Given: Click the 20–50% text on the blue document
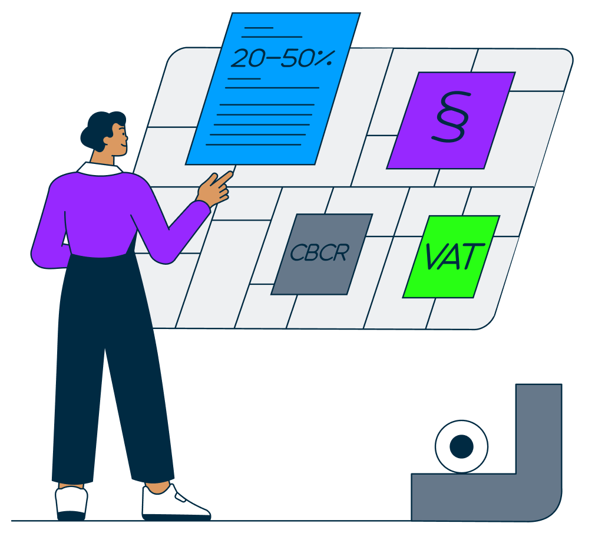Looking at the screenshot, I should click(x=282, y=58).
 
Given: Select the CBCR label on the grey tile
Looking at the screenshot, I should click(x=319, y=253).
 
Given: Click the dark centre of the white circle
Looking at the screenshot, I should click(x=461, y=446).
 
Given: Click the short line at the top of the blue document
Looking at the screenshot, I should click(x=258, y=28).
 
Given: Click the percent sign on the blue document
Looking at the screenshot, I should click(x=326, y=58).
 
